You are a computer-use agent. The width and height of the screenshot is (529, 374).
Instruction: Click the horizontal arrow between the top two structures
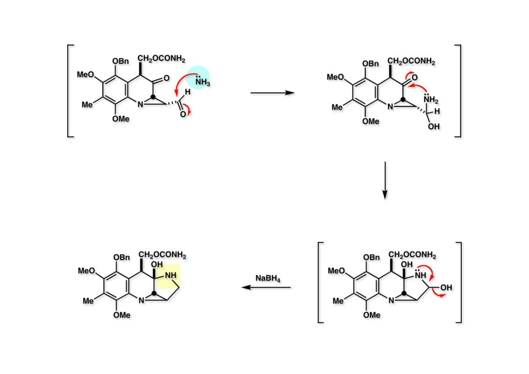tap(272, 93)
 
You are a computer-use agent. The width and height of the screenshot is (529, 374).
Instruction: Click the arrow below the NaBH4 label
tap(267, 288)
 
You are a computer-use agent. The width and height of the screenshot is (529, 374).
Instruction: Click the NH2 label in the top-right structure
tap(430, 100)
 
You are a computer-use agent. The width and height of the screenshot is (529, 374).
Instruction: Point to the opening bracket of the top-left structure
tap(69, 91)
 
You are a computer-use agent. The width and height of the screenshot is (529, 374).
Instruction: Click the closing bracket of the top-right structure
tap(458, 91)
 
